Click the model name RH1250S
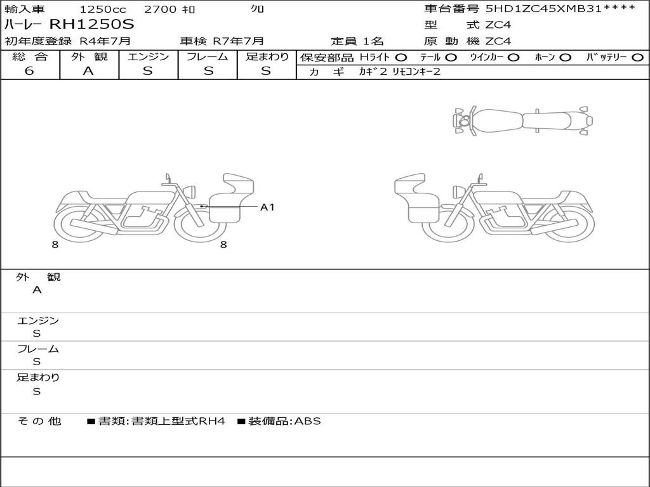(x=92, y=24)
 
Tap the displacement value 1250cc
(x=103, y=9)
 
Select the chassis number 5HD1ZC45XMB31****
(x=560, y=8)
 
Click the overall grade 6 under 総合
(x=29, y=70)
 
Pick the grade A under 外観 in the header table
(x=88, y=70)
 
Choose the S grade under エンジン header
(x=147, y=70)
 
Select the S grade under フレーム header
(x=208, y=70)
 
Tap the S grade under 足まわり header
(x=266, y=70)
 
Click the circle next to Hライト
(x=401, y=57)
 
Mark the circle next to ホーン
(x=565, y=57)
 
